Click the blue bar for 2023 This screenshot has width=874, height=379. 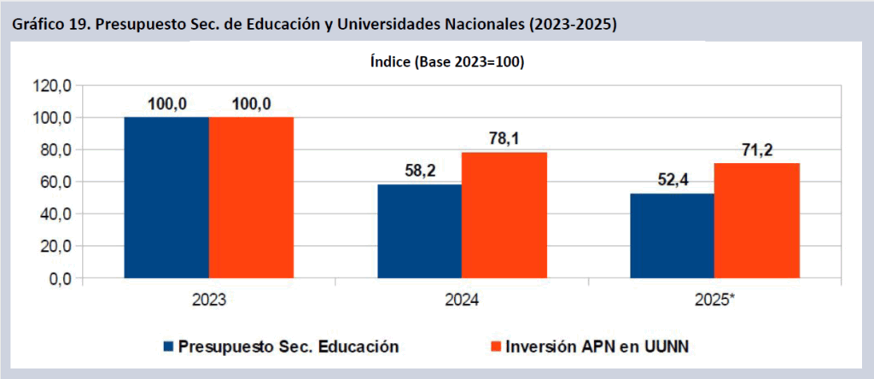pyautogui.click(x=166, y=197)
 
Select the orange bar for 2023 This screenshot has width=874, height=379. pyautogui.click(x=251, y=197)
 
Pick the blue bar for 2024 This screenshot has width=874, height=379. pyautogui.click(x=419, y=231)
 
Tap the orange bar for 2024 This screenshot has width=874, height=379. pyautogui.click(x=504, y=215)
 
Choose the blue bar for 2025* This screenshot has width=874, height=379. pyautogui.click(x=672, y=236)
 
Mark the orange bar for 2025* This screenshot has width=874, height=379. pyautogui.click(x=756, y=220)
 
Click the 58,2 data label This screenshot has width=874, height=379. pyautogui.click(x=419, y=172)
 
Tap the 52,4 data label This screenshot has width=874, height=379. pyautogui.click(x=672, y=181)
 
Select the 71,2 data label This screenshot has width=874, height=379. pyautogui.click(x=756, y=150)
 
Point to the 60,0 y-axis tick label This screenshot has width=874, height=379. pyautogui.click(x=55, y=182)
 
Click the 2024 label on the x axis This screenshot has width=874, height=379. pyautogui.click(x=461, y=301)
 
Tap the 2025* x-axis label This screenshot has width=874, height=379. pyautogui.click(x=715, y=301)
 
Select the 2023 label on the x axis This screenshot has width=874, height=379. pyautogui.click(x=208, y=301)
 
